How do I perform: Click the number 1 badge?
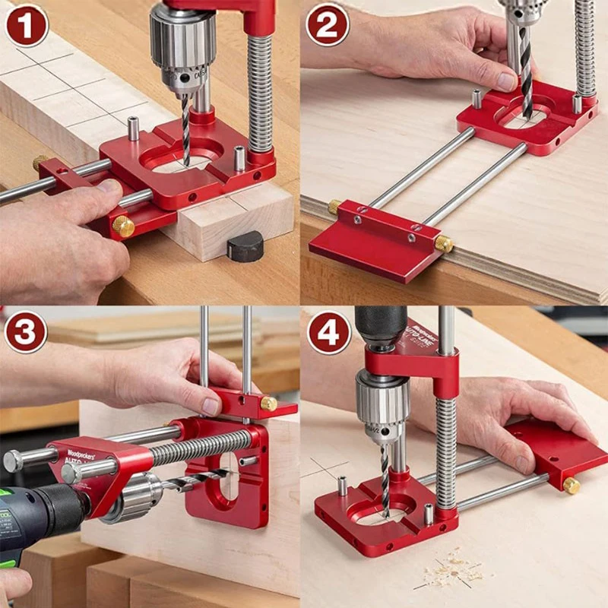tap(27, 25)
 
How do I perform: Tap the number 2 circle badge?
tap(328, 25)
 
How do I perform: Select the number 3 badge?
tap(27, 331)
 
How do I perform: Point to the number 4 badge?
tap(328, 331)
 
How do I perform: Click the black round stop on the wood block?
tap(245, 246)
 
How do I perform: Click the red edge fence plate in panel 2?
tap(372, 247)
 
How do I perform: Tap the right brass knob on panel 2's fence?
tap(444, 243)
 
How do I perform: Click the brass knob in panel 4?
tap(572, 485)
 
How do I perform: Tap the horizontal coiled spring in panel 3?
tap(198, 449)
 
